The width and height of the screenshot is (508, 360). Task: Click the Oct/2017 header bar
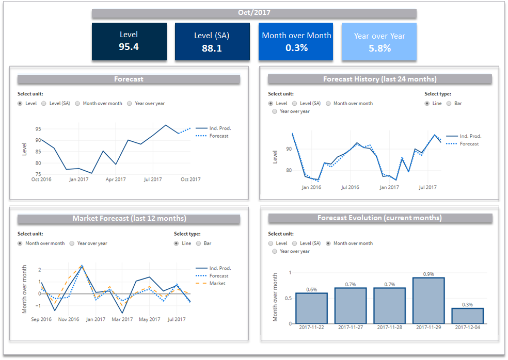click(x=254, y=13)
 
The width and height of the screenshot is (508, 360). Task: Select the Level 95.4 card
click(x=129, y=41)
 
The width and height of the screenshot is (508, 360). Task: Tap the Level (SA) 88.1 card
click(x=212, y=41)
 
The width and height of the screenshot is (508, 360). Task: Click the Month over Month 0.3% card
click(x=296, y=41)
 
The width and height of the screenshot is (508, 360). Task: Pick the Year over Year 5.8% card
click(x=379, y=41)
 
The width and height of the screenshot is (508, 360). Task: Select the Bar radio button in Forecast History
click(x=449, y=103)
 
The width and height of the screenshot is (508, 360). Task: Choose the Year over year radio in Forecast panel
click(x=130, y=103)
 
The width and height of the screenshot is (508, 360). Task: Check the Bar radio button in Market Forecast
click(x=199, y=243)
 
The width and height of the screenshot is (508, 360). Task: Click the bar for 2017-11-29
click(x=428, y=300)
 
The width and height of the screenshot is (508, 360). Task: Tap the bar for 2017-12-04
click(x=467, y=316)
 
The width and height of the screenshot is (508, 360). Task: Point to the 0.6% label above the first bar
click(x=311, y=289)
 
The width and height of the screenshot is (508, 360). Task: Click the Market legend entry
click(x=217, y=283)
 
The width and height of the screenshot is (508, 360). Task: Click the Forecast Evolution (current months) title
click(x=379, y=218)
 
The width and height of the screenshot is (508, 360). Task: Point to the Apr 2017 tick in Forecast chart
click(x=116, y=179)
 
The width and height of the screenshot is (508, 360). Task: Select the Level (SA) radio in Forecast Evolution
click(x=295, y=243)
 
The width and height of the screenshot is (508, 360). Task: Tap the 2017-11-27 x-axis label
click(x=350, y=328)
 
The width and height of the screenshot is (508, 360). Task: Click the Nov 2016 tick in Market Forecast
click(x=69, y=319)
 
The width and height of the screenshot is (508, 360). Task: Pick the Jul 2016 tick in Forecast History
click(x=350, y=187)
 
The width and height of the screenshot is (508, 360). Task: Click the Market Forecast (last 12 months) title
click(x=129, y=219)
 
